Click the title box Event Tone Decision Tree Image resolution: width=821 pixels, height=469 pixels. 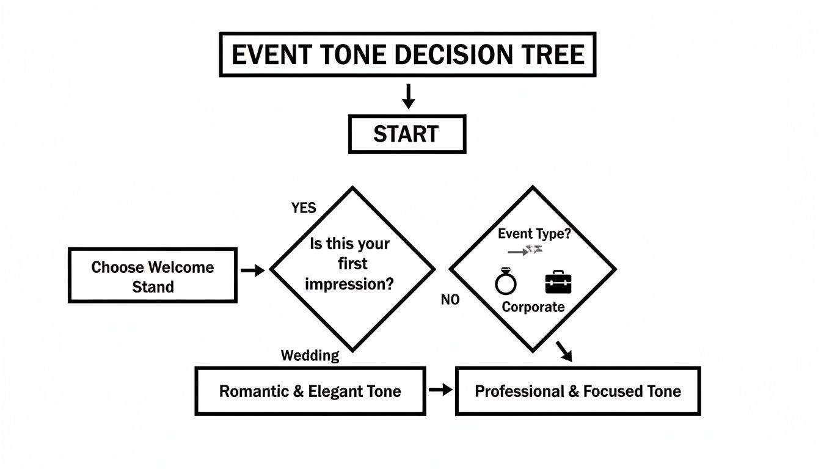pyautogui.click(x=407, y=55)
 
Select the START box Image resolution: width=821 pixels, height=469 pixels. pyautogui.click(x=407, y=134)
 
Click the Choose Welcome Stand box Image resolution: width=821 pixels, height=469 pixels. pyautogui.click(x=152, y=275)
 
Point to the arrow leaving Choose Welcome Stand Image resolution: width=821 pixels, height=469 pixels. pyautogui.click(x=253, y=270)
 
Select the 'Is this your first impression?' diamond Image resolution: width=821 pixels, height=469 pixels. pyautogui.click(x=352, y=269)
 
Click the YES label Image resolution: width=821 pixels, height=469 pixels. pyautogui.click(x=304, y=208)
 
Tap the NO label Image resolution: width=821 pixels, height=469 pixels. pyautogui.click(x=450, y=300)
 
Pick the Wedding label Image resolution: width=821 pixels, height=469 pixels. pyautogui.click(x=310, y=356)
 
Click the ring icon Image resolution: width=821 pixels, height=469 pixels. pyautogui.click(x=505, y=283)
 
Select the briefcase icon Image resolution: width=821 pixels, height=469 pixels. pyautogui.click(x=558, y=283)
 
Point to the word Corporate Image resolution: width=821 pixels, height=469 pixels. pyautogui.click(x=533, y=307)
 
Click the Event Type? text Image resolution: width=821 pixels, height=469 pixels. pyautogui.click(x=534, y=234)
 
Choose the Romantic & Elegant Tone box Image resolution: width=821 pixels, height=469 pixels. pyautogui.click(x=310, y=391)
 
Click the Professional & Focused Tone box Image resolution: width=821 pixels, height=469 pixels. pyautogui.click(x=577, y=391)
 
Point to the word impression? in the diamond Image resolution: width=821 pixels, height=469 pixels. pyautogui.click(x=349, y=284)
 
